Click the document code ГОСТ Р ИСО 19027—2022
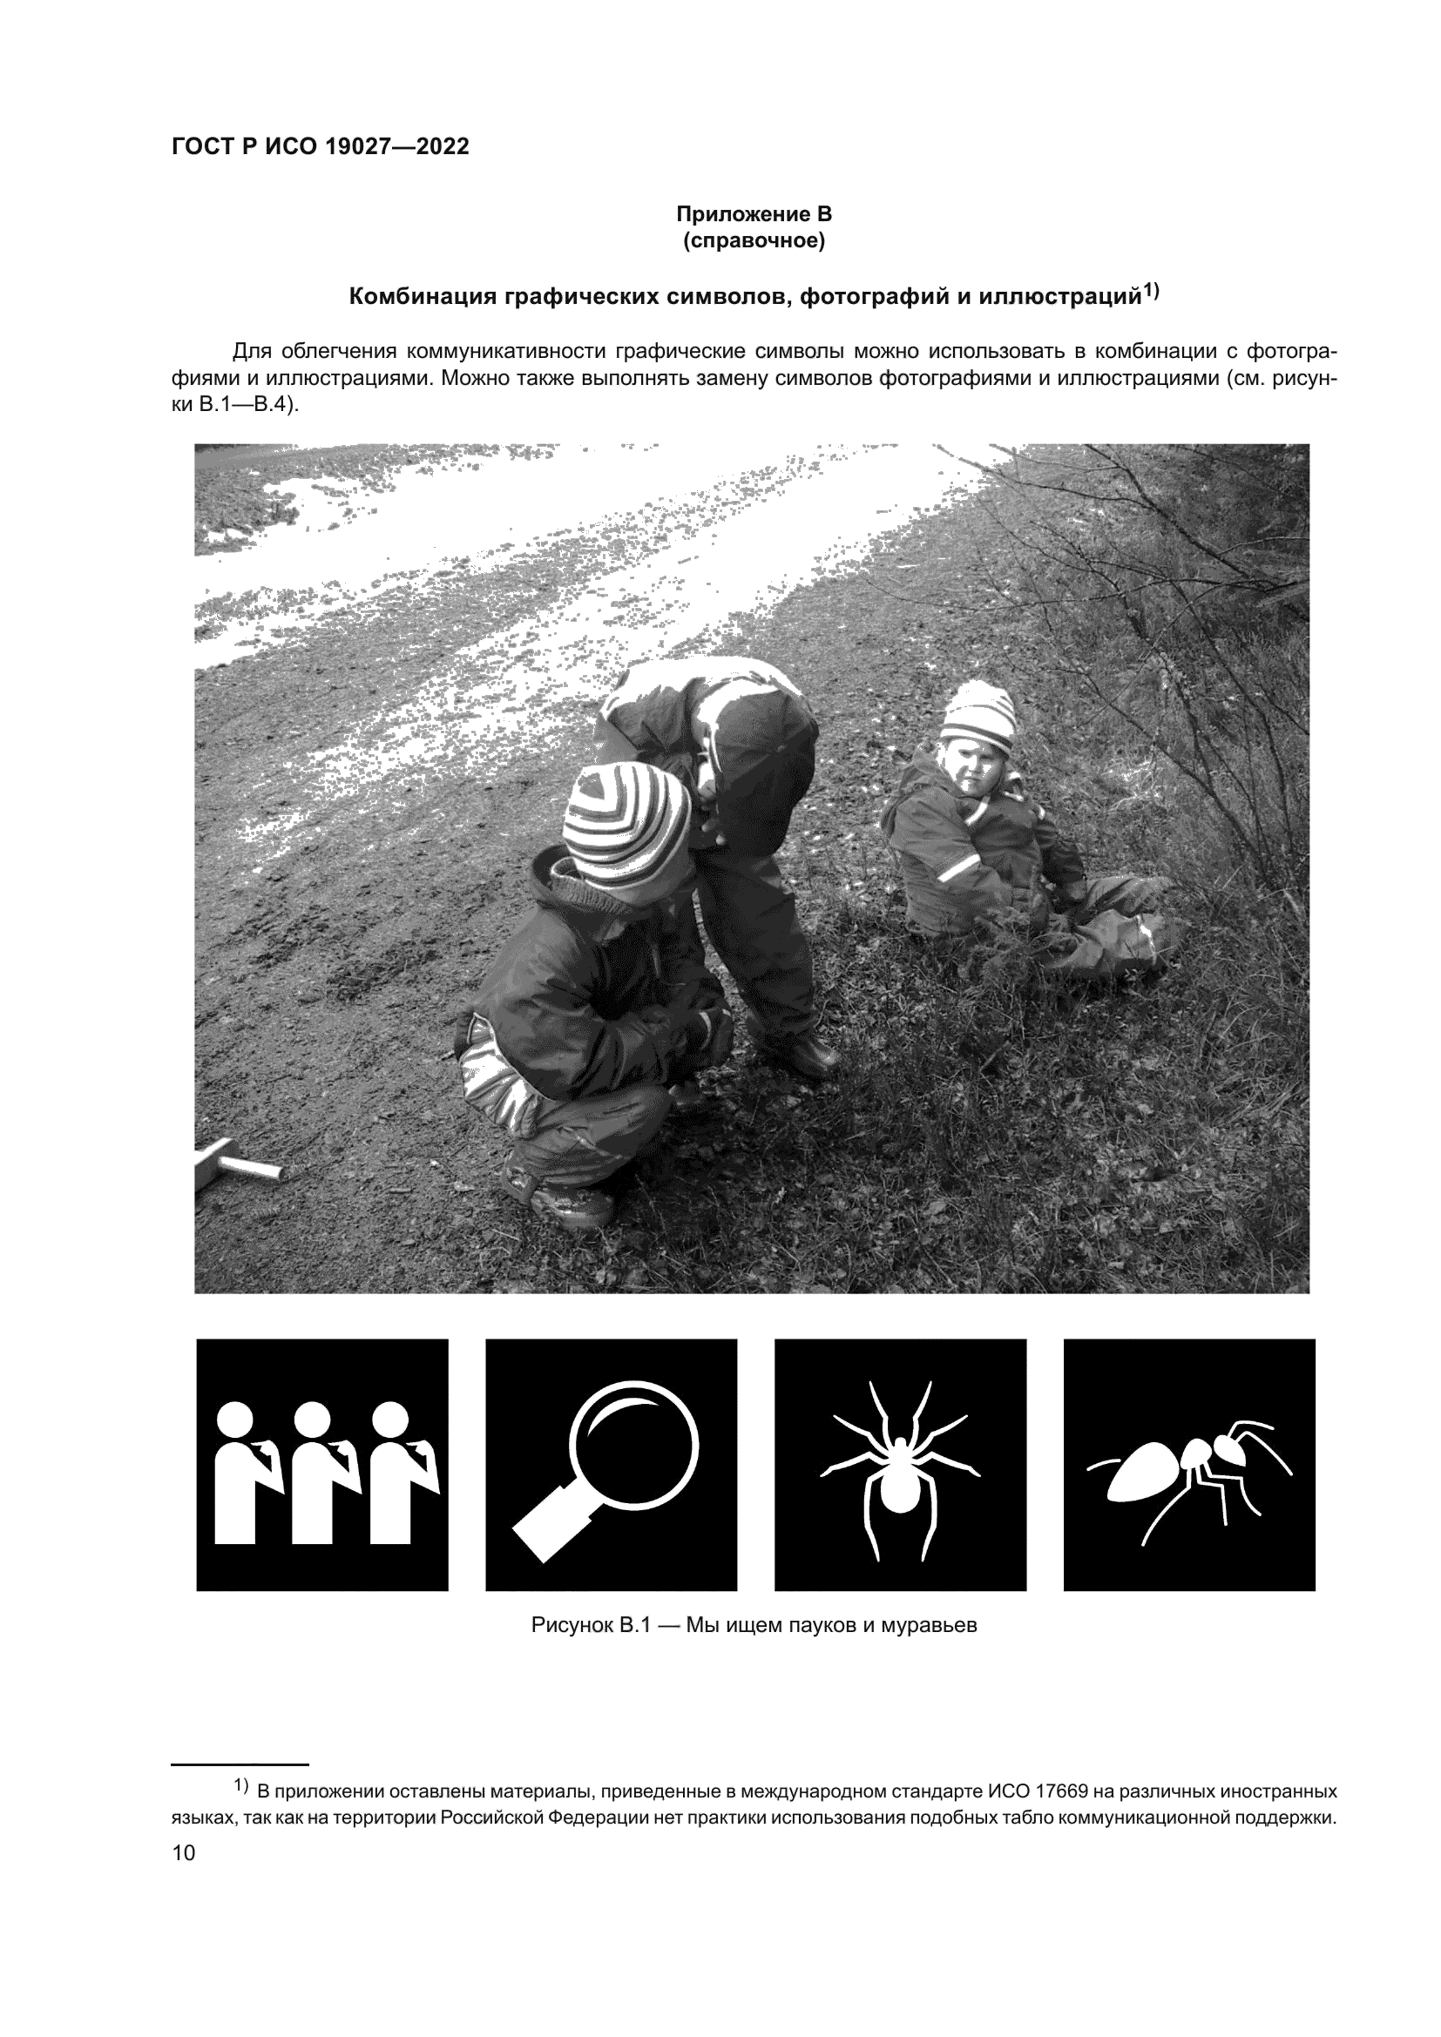(x=321, y=147)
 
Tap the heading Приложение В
(x=754, y=215)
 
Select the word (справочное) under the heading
(x=754, y=241)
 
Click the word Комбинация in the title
(x=423, y=296)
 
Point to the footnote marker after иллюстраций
(x=1150, y=290)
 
